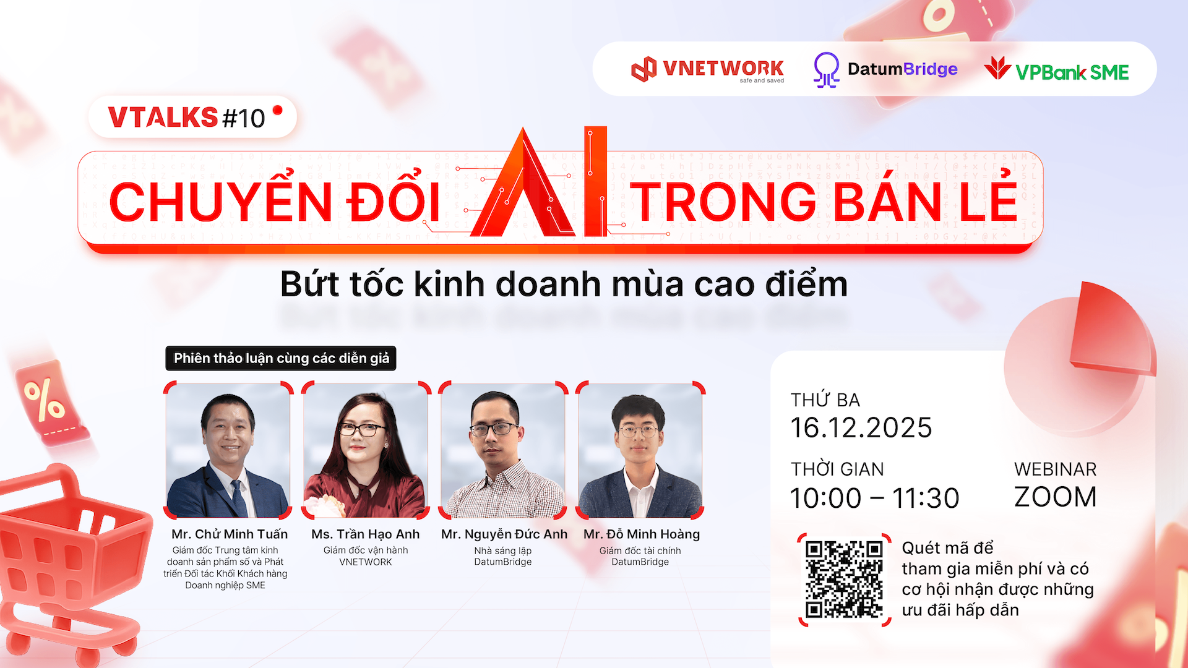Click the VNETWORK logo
[x=708, y=69]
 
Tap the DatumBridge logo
[x=885, y=69]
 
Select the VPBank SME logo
[x=1057, y=71]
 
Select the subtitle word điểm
[x=806, y=285]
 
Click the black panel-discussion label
[x=281, y=358]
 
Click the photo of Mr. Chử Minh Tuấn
[x=228, y=450]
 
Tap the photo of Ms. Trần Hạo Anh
[x=366, y=450]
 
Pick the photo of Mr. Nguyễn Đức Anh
[x=503, y=450]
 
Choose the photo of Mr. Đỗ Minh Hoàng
[x=640, y=450]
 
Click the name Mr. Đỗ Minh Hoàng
[x=642, y=534]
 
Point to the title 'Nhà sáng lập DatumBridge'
[x=503, y=556]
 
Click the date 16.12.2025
[x=861, y=428]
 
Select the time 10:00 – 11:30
[x=875, y=498]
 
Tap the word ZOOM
[x=1055, y=497]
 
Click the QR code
[x=844, y=580]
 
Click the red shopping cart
[x=68, y=563]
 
